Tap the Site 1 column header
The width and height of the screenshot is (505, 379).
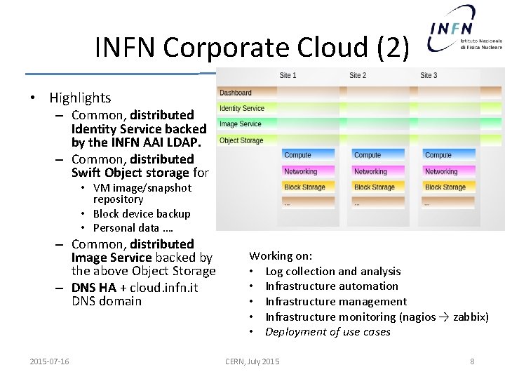click(288, 75)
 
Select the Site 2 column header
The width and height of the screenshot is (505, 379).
click(358, 75)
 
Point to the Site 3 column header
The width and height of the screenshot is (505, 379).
click(429, 75)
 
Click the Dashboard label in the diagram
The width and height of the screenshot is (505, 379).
click(236, 93)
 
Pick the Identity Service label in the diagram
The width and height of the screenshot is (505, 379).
click(242, 108)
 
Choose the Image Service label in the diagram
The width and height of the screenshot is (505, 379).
click(240, 124)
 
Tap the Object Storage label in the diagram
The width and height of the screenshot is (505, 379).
click(241, 140)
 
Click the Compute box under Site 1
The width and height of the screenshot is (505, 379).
click(297, 155)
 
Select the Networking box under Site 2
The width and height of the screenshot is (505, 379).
click(370, 171)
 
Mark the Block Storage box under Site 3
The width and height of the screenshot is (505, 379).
click(445, 187)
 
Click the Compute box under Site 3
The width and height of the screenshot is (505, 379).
click(438, 155)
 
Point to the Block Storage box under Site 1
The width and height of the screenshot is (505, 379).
click(304, 187)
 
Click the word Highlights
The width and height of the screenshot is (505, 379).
click(80, 98)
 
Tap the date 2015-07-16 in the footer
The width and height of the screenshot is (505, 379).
click(49, 361)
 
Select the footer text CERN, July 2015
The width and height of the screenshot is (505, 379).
click(252, 361)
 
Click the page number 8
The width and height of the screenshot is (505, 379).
click(472, 361)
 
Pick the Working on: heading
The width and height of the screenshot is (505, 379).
click(281, 256)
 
